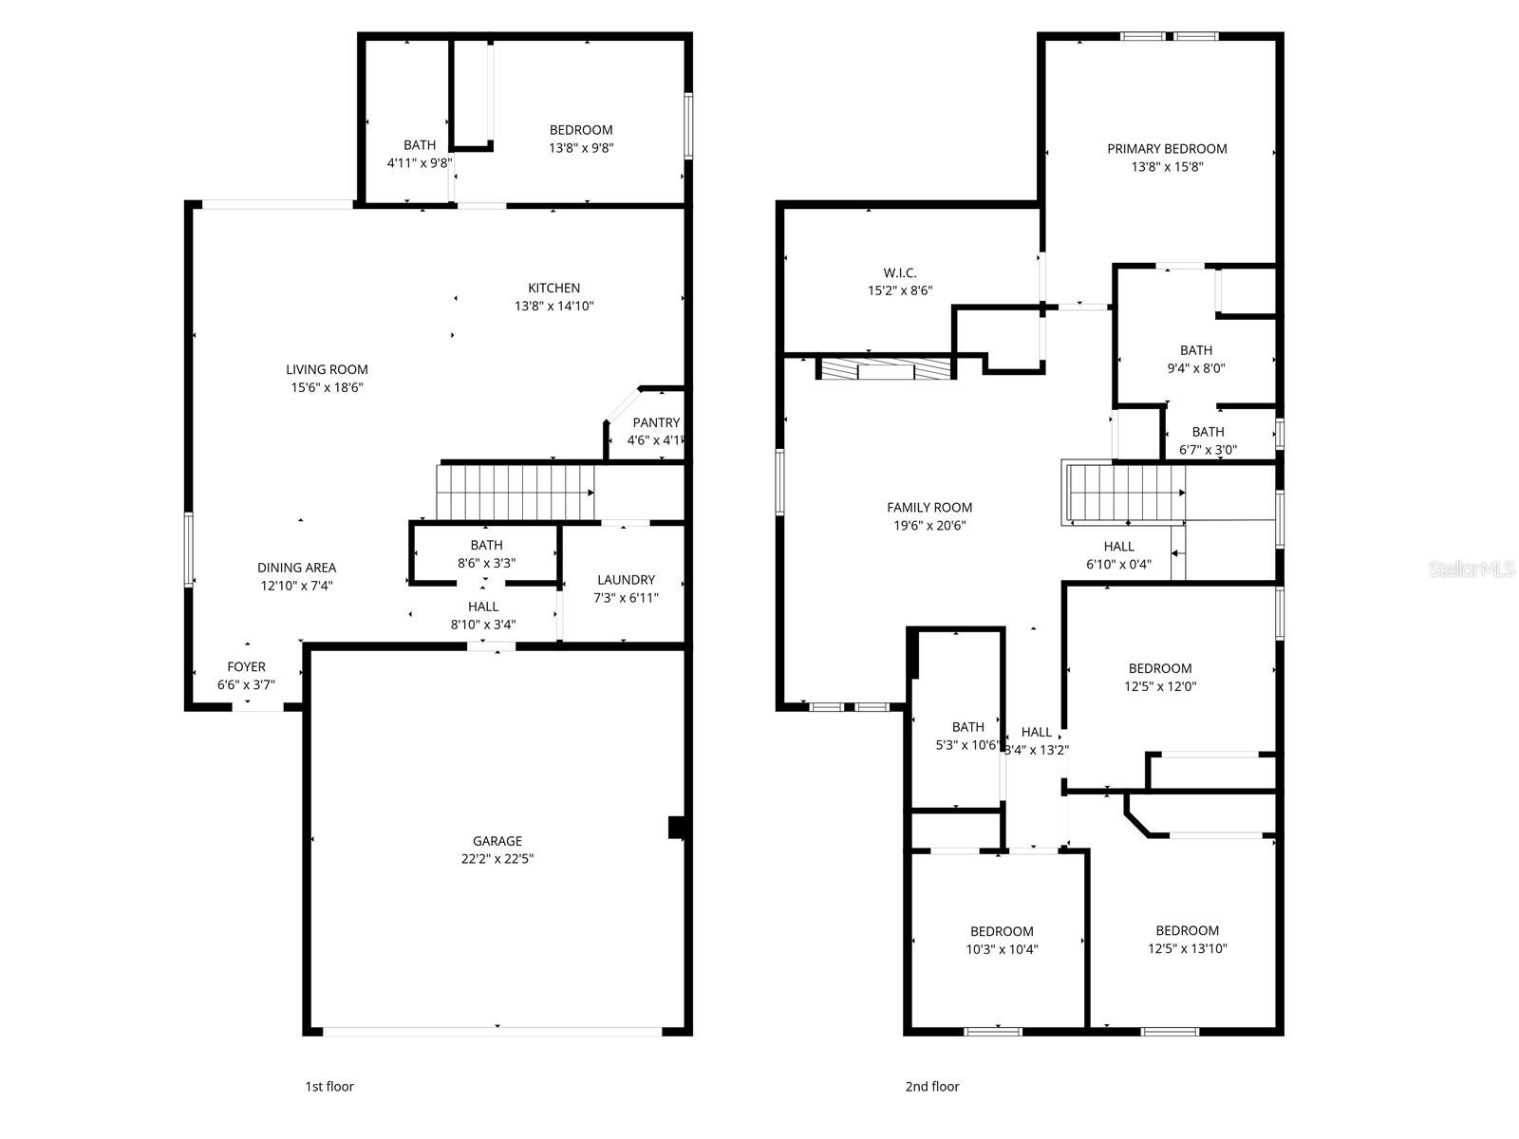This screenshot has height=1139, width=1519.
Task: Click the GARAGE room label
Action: pos(497,841)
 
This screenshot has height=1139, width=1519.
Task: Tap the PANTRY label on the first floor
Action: pos(656,422)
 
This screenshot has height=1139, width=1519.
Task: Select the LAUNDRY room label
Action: pos(626,580)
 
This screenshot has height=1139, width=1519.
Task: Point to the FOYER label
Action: pos(246,667)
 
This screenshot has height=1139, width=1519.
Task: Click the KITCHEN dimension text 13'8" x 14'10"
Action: pos(554,306)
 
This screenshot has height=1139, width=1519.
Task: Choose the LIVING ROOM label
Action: pos(327,369)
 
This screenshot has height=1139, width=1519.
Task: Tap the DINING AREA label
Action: pos(296,568)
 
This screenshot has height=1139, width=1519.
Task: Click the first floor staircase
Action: pos(515,492)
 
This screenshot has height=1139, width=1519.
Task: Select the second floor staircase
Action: pos(1125,493)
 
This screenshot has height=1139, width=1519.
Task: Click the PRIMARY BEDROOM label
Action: pos(1167,148)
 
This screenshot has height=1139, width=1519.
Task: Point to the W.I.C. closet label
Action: pos(899,272)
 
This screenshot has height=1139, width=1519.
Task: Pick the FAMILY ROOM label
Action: pos(929,508)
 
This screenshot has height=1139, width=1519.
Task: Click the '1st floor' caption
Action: pos(328,1086)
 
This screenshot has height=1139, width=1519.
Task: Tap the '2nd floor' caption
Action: pos(931,1086)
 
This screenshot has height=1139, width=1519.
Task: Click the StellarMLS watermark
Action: pos(1472,569)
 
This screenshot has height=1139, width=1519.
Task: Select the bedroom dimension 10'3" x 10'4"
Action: pos(1002,948)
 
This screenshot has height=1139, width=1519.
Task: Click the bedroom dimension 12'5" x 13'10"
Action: pos(1187,947)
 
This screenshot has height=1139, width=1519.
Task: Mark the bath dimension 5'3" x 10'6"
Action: pos(967,745)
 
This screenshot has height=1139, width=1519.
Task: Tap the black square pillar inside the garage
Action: pos(676,828)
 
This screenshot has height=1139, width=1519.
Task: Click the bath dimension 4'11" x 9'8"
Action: pos(419,163)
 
